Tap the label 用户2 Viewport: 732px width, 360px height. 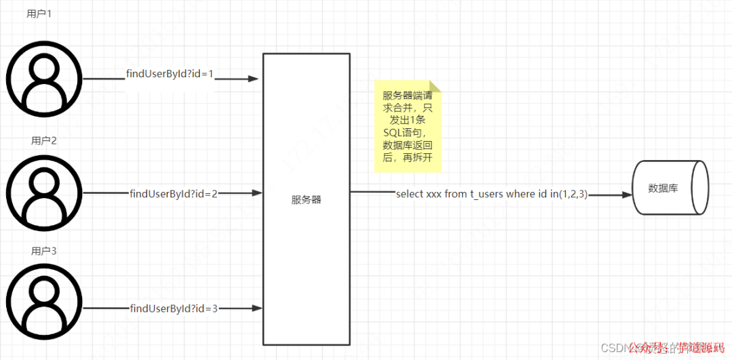44,140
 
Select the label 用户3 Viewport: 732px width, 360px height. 44,251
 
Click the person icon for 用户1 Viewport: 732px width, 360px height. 44,79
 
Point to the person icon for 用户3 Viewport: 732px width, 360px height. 44,302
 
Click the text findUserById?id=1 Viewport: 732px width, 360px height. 170,73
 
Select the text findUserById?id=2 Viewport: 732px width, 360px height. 174,193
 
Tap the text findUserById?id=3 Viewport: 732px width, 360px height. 174,308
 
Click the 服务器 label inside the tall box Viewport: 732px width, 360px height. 306,200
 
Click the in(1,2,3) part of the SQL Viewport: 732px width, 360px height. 569,194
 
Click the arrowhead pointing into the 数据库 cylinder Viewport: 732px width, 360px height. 626,195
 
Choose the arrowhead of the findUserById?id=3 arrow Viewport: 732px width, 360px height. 257,308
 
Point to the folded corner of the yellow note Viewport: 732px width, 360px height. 435,87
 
